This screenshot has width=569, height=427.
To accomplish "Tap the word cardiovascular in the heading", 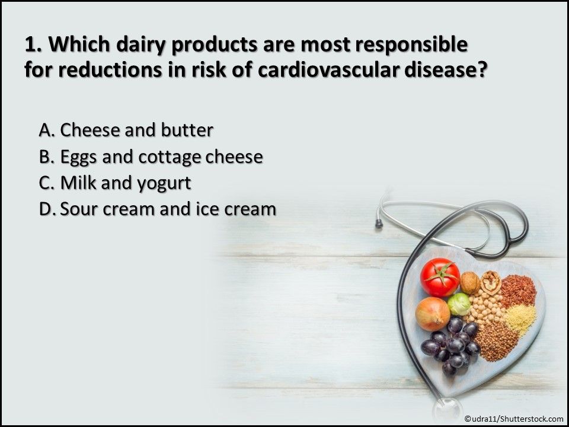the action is coord(328,70).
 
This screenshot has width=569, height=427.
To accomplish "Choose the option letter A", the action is coord(46,130).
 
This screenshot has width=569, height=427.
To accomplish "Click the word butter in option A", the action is coord(187,130).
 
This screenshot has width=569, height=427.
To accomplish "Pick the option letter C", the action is coord(46,183).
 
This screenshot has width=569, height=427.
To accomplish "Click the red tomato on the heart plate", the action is coord(440,277).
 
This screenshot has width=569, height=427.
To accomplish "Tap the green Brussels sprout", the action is coord(459,304).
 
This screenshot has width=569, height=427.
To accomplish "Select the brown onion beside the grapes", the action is coord(433,314).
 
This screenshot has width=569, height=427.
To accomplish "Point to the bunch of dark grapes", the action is coord(450,345).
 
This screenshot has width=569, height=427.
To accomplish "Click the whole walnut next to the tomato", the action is coord(470,283).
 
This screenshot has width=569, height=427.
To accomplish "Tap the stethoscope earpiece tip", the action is coord(379,224).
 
